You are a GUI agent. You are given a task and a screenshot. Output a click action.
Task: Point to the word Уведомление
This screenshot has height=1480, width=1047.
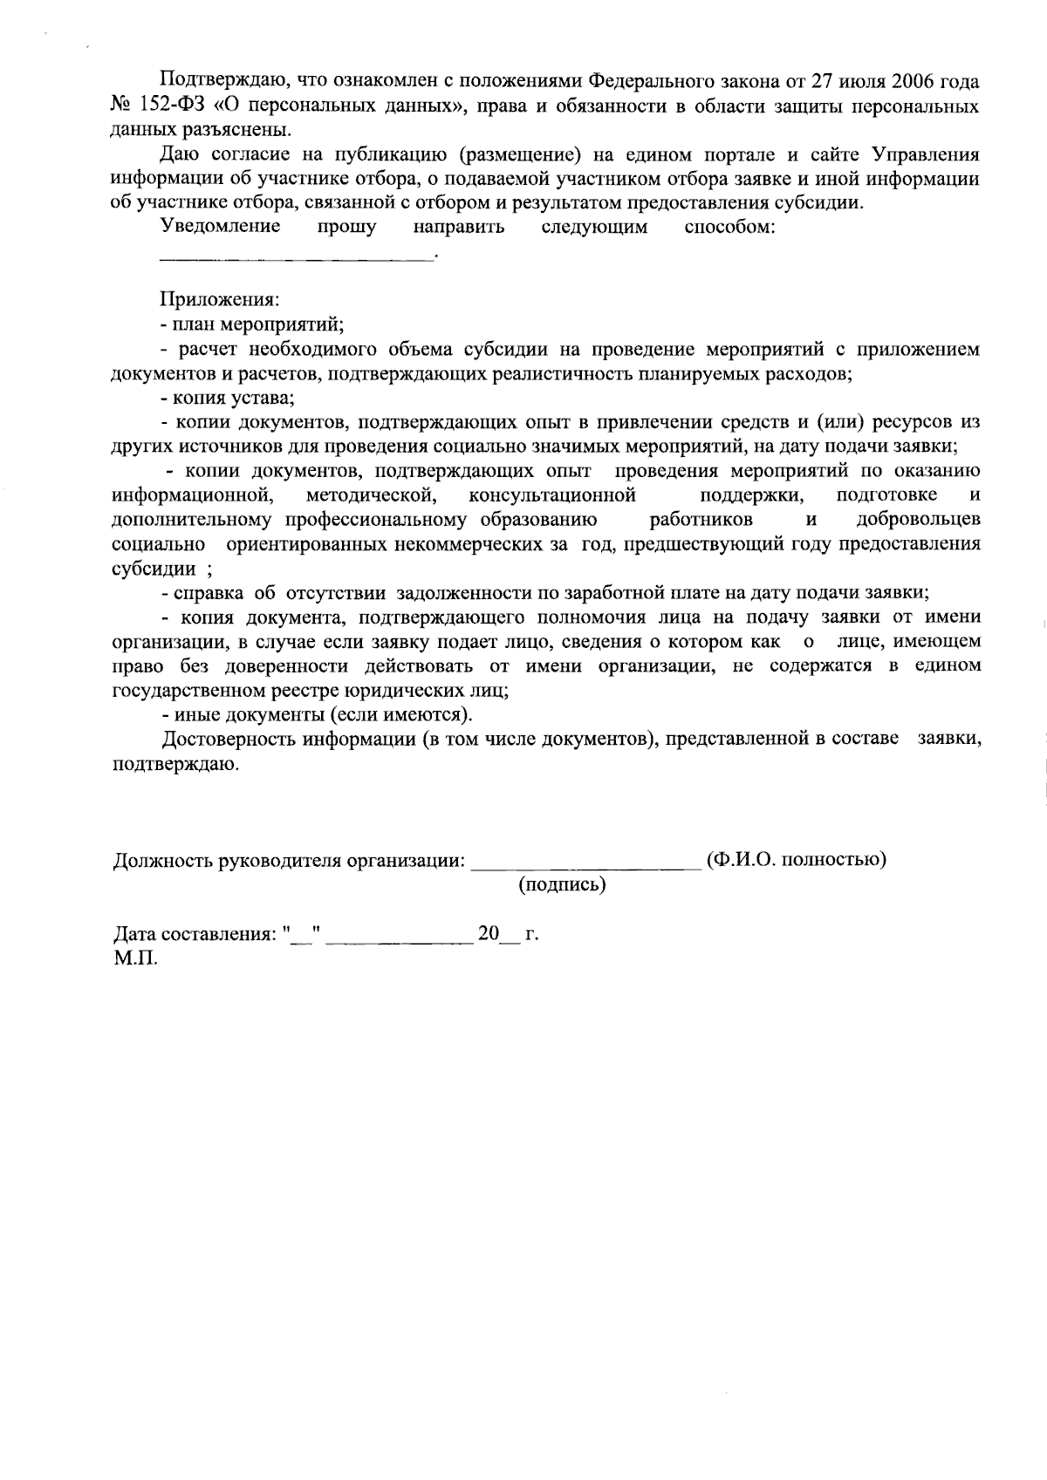[221, 228]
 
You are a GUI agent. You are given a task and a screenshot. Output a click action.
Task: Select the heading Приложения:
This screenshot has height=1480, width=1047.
[219, 301]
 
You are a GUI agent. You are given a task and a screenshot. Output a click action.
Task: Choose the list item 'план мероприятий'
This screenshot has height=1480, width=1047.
[256, 325]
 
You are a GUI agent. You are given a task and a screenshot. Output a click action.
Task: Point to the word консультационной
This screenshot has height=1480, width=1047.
[552, 495]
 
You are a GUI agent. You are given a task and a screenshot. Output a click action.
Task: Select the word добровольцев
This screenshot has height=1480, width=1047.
[918, 520]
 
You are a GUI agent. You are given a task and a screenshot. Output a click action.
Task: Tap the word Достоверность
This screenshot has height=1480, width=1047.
[229, 740]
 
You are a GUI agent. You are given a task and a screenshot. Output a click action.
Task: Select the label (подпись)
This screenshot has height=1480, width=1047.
[563, 885]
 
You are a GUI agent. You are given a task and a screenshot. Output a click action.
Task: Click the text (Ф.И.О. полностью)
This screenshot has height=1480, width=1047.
[797, 860]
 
